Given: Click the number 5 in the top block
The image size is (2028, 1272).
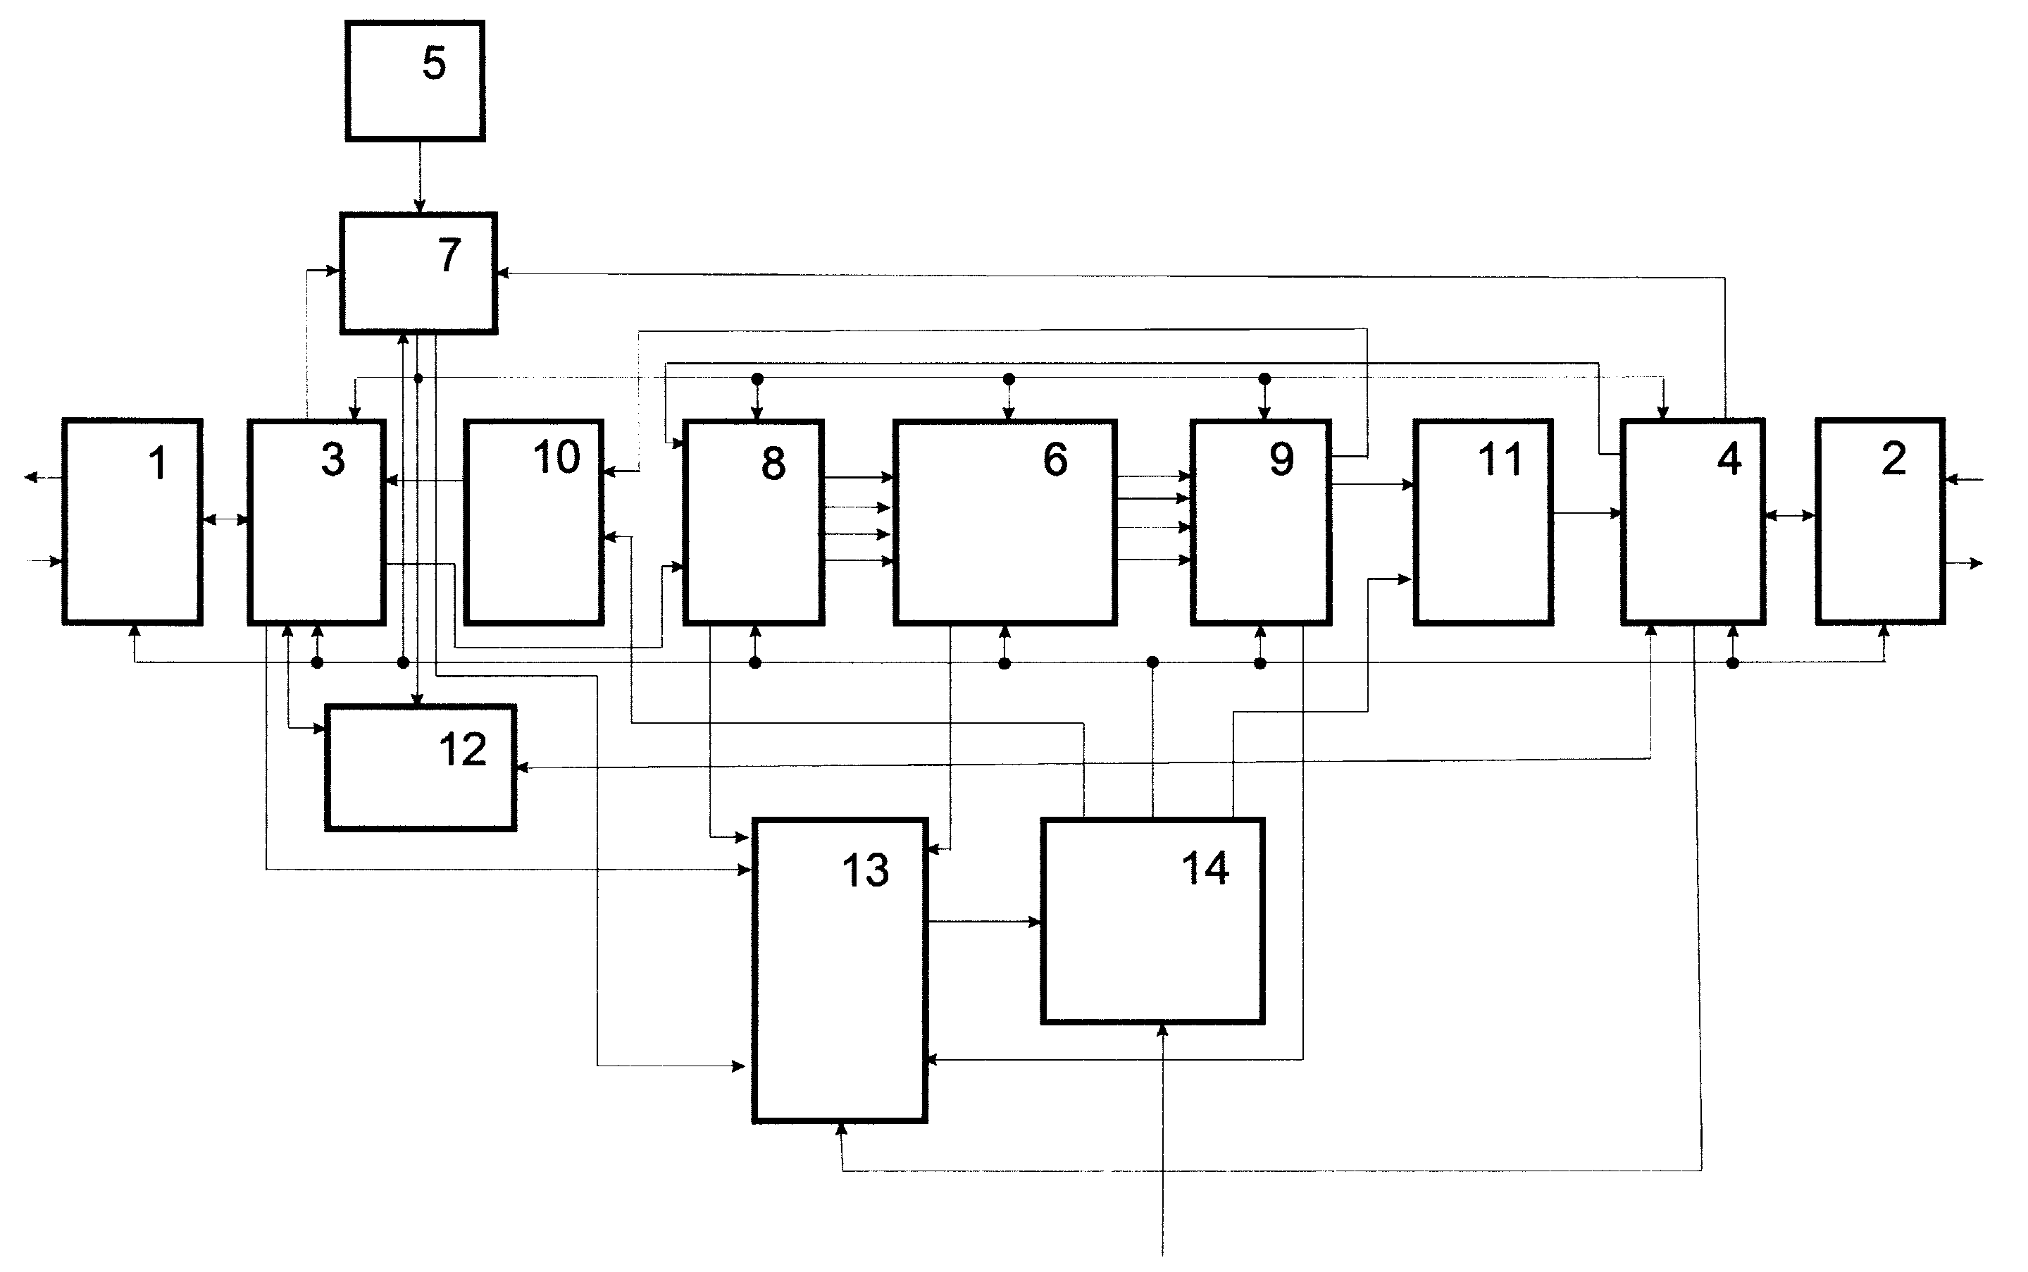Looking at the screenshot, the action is tap(434, 63).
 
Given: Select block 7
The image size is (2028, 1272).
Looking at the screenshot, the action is tap(418, 273).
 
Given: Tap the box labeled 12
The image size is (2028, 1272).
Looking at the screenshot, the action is tap(421, 768).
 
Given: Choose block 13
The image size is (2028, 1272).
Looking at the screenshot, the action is tap(840, 970).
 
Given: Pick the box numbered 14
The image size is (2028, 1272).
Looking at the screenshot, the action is tap(1152, 920).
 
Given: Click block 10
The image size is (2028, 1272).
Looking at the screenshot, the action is tap(534, 521).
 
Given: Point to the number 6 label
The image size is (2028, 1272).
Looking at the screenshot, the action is tap(1055, 459).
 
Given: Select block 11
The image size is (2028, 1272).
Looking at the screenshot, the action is tap(1483, 521).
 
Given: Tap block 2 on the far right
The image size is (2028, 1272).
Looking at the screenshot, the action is tap(1881, 521).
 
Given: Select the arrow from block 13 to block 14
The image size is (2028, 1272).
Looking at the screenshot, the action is tap(985, 922).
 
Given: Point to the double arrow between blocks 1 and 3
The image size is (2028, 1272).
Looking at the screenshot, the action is tap(226, 520).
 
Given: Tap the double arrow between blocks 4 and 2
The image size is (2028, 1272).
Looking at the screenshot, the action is tap(1790, 516).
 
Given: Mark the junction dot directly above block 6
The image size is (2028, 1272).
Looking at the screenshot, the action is tap(1009, 379).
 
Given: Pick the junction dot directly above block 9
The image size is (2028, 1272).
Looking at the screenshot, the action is tap(1264, 379).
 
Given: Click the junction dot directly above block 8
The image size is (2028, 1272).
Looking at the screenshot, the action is tap(757, 379).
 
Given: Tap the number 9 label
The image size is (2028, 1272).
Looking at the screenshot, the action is tap(1281, 459).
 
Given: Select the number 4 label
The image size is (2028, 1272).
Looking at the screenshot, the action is tap(1729, 459).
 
